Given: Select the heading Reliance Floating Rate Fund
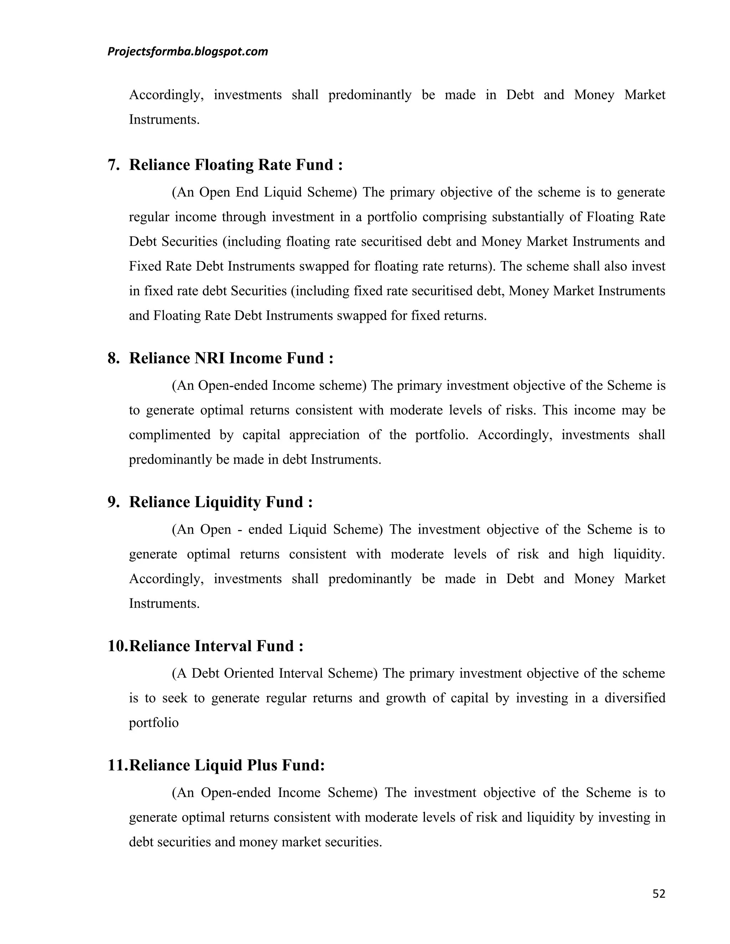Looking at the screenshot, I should point(236,165).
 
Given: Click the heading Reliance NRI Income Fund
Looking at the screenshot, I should point(231,358).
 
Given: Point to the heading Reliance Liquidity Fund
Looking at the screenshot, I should point(221,502).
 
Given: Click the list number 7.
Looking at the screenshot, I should point(113,165).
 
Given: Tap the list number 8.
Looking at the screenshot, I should point(113,358).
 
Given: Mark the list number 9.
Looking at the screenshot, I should point(113,502).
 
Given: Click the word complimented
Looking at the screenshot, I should point(170,435).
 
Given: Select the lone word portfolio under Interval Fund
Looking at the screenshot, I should point(154,723).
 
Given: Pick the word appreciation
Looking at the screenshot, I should point(324,435).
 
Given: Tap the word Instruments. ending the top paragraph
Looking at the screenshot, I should point(164,120).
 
